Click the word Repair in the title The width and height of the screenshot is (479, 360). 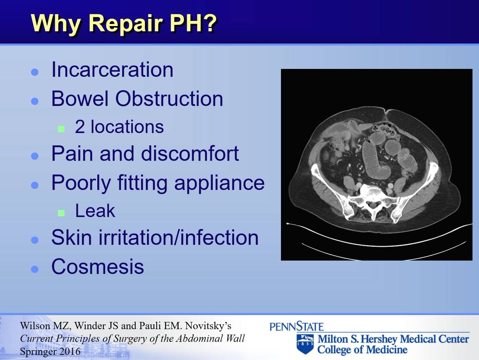tap(125, 23)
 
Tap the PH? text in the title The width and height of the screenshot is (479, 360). tap(193, 23)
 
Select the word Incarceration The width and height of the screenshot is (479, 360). tap(112, 70)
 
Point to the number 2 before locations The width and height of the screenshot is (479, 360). tap(79, 127)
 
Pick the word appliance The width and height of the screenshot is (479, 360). tap(219, 183)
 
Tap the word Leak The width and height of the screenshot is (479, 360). tap(95, 211)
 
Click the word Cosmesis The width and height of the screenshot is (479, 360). tap(98, 267)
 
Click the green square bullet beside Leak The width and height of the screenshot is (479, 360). tap(61, 213)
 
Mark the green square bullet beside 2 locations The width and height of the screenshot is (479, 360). tap(61, 129)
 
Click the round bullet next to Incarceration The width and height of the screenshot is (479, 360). tap(35, 72)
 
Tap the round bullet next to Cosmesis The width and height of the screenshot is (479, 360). tap(35, 269)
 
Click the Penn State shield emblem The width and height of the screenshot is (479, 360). tap(305, 344)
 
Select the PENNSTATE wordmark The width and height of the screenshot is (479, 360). tap(296, 326)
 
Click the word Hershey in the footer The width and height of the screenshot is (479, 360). tap(379, 339)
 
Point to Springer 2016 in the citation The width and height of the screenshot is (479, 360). tap(50, 351)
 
